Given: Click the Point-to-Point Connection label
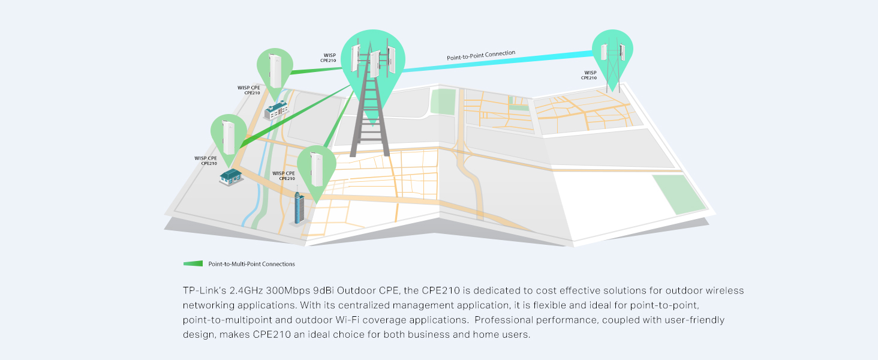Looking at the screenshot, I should click(x=480, y=56).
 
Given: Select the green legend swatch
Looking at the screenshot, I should click(x=193, y=263).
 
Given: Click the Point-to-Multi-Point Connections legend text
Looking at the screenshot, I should click(x=251, y=264).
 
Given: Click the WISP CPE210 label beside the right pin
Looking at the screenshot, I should click(x=589, y=75).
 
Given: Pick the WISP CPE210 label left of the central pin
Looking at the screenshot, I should click(x=328, y=58).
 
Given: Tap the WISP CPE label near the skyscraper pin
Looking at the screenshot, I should click(x=284, y=175).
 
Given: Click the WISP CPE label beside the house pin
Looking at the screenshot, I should click(x=206, y=160).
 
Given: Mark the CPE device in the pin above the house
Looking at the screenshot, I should click(x=228, y=137).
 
